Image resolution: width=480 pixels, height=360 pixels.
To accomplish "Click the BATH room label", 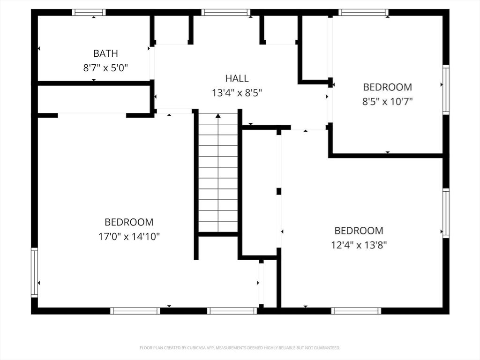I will [105, 53].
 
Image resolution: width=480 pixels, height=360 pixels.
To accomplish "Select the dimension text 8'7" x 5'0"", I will [105, 68].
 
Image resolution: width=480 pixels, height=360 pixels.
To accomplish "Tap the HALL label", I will [237, 78].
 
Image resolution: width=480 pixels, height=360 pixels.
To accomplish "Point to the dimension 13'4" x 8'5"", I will [237, 93].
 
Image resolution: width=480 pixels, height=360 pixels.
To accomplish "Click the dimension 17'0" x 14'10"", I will [129, 237].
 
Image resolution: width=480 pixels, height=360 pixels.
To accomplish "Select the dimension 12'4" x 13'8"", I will [359, 245].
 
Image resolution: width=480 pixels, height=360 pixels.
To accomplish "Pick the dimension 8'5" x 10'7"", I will [388, 101].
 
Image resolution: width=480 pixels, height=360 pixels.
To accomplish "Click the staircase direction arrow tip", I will [218, 115].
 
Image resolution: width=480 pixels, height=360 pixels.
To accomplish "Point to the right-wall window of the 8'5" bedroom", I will [446, 90].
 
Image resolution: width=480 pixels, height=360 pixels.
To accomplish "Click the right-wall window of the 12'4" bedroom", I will [446, 213].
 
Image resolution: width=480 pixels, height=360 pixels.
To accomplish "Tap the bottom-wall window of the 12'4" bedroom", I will [356, 310].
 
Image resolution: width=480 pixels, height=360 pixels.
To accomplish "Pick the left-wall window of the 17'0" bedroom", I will [34, 272].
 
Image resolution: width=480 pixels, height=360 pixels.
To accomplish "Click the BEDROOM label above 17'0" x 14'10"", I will [129, 222].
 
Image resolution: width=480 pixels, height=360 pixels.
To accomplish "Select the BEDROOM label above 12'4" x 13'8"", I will [359, 231].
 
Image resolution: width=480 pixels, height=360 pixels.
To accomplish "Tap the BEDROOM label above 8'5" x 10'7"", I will [388, 87].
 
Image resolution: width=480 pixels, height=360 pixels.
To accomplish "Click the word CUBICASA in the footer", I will [193, 348].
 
